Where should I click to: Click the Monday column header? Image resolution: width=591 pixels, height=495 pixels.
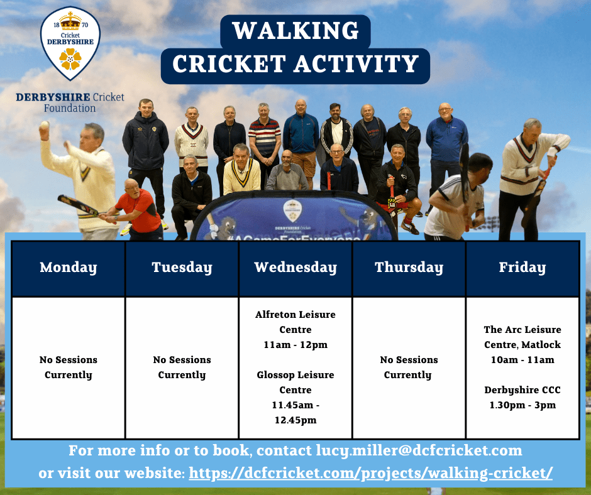pyautogui.click(x=69, y=268)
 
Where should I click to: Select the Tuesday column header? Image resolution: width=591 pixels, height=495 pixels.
pyautogui.click(x=182, y=268)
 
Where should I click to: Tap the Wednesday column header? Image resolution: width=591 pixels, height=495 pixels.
pyautogui.click(x=295, y=268)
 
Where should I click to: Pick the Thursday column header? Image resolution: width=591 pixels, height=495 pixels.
pyautogui.click(x=409, y=268)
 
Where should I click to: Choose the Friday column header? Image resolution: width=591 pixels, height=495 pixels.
pyautogui.click(x=522, y=268)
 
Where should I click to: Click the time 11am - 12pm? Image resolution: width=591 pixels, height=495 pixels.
pyautogui.click(x=295, y=345)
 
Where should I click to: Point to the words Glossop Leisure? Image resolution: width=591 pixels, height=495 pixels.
pyautogui.click(x=295, y=375)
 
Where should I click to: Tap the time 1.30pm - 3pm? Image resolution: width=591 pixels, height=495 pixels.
pyautogui.click(x=522, y=405)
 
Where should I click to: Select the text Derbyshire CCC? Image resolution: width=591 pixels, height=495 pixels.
pyautogui.click(x=522, y=390)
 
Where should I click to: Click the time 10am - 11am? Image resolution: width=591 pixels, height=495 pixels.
pyautogui.click(x=522, y=360)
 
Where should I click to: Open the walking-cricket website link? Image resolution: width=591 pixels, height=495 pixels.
pyautogui.click(x=371, y=473)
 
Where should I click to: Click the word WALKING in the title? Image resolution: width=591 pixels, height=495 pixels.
pyautogui.click(x=295, y=31)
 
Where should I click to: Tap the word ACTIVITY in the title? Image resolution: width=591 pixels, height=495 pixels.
pyautogui.click(x=356, y=63)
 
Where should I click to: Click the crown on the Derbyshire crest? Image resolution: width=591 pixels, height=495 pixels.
pyautogui.click(x=70, y=21)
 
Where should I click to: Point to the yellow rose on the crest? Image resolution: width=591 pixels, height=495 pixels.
pyautogui.click(x=70, y=59)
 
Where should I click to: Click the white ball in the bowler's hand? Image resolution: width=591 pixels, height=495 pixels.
pyautogui.click(x=45, y=124)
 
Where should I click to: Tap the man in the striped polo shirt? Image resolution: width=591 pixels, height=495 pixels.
pyautogui.click(x=265, y=139)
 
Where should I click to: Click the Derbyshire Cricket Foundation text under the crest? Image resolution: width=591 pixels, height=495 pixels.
pyautogui.click(x=70, y=102)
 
